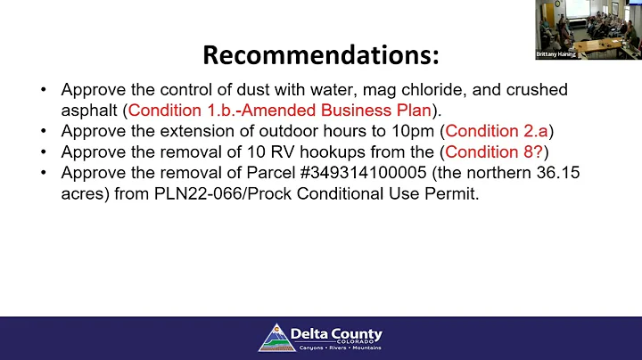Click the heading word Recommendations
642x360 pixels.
[x=321, y=55]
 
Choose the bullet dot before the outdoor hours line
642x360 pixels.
[x=45, y=130]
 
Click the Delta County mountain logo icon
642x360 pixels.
[x=277, y=338]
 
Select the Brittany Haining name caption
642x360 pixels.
[x=557, y=54]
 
